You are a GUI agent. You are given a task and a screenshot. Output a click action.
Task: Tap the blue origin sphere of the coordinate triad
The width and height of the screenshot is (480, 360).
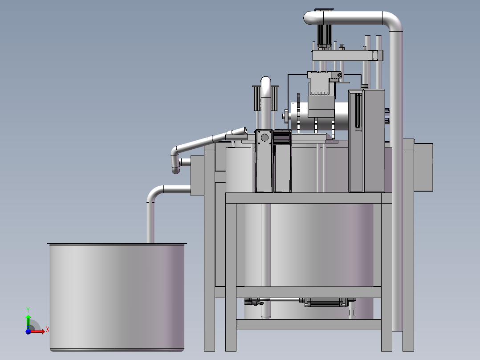pos(28,331)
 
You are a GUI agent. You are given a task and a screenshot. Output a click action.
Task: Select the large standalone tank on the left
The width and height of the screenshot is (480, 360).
pos(117,296)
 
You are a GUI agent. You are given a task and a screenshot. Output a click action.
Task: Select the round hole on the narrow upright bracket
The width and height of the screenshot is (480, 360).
pos(264,137)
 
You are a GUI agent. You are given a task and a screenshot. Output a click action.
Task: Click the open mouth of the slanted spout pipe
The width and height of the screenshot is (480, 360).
pos(244,130)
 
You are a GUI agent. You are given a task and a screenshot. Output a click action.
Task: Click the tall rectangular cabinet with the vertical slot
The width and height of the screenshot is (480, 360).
pos(366,140)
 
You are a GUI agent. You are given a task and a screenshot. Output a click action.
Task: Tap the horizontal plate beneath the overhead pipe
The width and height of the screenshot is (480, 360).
pos(347,56)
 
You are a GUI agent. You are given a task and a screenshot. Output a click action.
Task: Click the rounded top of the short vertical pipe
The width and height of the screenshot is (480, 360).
pos(265,81)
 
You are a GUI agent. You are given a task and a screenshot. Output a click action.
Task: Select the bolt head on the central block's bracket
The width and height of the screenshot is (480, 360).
pos(340,75)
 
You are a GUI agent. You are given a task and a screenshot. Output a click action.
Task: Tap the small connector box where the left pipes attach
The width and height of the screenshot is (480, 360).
pos(197,176)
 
